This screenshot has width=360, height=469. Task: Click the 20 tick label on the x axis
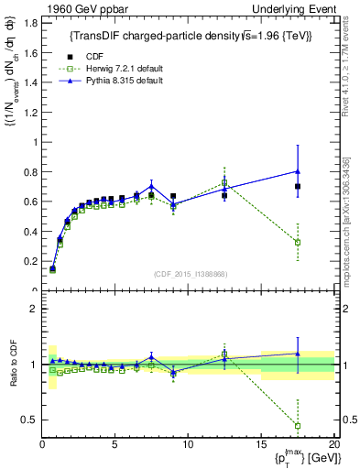click(333, 445)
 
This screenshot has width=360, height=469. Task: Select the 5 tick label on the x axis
click(115, 445)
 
